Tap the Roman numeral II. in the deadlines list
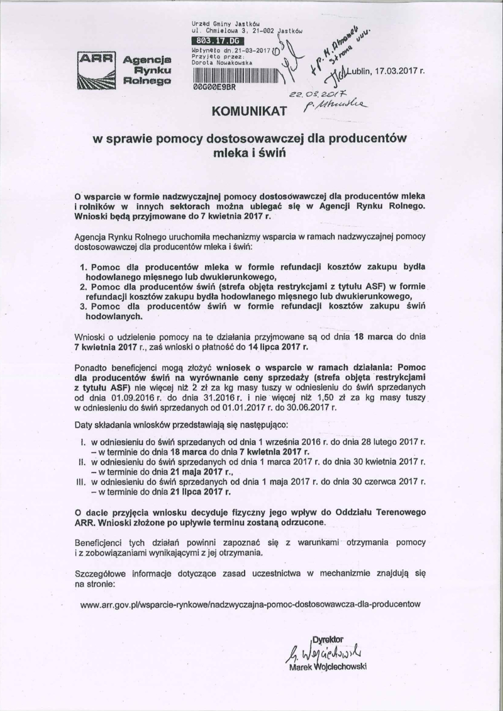pos(80,461)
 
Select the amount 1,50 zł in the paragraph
pos(374,399)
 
